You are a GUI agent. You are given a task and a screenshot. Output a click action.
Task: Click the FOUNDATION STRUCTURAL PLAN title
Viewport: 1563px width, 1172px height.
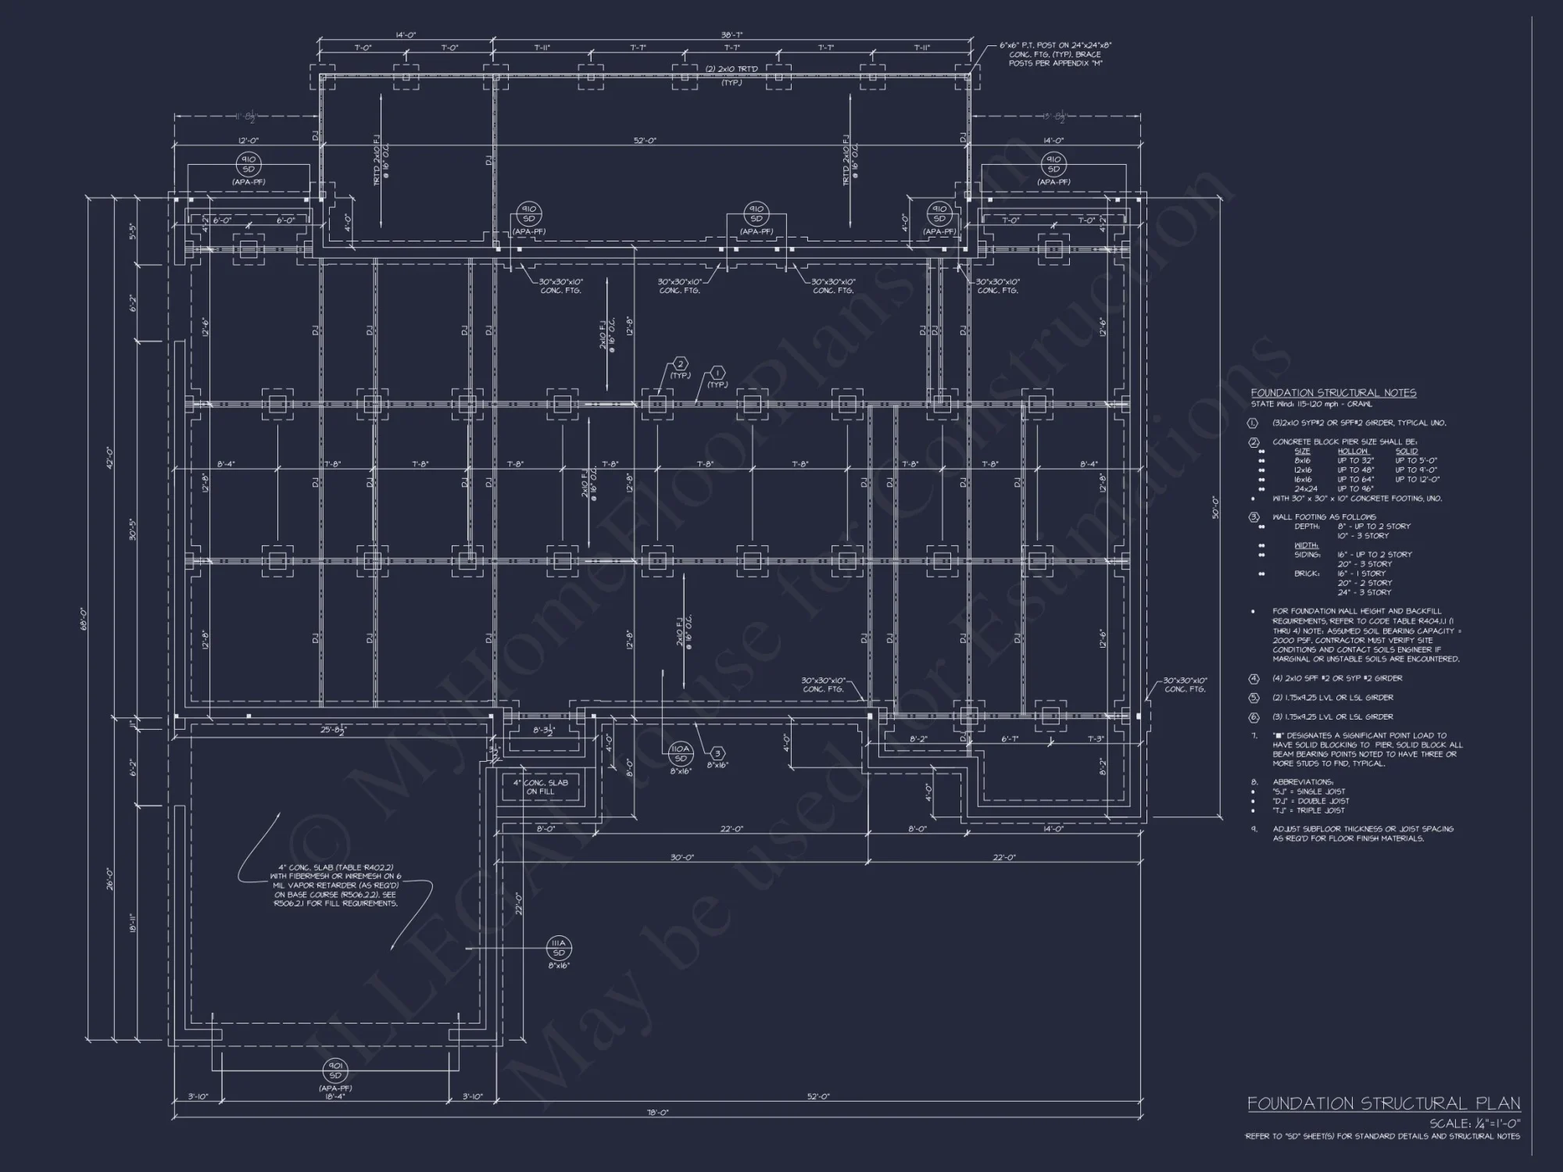(x=1383, y=1103)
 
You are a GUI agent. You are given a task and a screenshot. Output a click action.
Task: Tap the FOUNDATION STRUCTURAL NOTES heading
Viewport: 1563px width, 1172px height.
(x=1333, y=393)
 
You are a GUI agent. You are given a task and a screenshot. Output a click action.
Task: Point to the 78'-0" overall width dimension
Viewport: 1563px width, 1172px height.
(x=658, y=1112)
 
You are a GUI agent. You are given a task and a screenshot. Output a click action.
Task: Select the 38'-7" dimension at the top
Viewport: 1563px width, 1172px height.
(x=731, y=36)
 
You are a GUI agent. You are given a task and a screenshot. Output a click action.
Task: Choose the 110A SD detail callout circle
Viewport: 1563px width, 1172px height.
(x=680, y=753)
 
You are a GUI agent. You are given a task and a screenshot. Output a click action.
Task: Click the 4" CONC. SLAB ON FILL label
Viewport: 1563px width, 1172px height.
(x=540, y=787)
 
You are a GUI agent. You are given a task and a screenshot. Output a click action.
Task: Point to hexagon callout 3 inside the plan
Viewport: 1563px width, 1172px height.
(x=717, y=753)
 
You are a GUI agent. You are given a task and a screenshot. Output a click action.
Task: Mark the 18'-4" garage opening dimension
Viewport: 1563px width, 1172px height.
(x=335, y=1097)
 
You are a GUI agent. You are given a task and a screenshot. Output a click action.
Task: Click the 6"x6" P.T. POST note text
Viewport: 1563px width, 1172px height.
(x=1055, y=54)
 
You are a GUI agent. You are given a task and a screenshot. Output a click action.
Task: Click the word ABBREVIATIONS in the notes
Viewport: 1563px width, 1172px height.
(x=1303, y=782)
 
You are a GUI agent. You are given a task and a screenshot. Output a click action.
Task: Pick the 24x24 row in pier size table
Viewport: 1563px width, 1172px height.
(x=1306, y=489)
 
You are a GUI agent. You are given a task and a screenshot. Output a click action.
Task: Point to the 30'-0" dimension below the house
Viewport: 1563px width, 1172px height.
(x=682, y=857)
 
